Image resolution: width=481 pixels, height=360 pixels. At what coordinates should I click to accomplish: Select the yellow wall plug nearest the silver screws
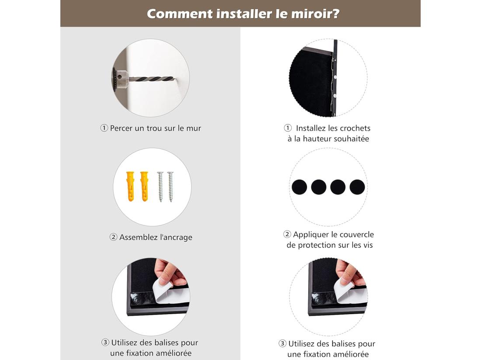click(144, 186)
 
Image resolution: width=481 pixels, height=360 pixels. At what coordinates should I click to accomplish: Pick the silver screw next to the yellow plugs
click(160, 186)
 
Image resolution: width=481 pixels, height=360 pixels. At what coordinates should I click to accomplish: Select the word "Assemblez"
click(139, 237)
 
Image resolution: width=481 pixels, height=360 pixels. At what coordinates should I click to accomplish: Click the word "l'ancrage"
click(176, 237)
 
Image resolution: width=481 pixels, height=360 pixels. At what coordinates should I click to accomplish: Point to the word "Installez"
click(311, 128)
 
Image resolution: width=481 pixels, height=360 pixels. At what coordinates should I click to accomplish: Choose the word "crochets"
click(355, 128)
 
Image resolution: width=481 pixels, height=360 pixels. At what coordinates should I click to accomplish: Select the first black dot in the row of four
click(299, 187)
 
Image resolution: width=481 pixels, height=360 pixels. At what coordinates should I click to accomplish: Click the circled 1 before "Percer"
click(104, 128)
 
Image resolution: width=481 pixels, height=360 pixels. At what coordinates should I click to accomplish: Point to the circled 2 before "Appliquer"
click(287, 235)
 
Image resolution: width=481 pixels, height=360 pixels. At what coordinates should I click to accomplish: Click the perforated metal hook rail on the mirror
click(335, 79)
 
